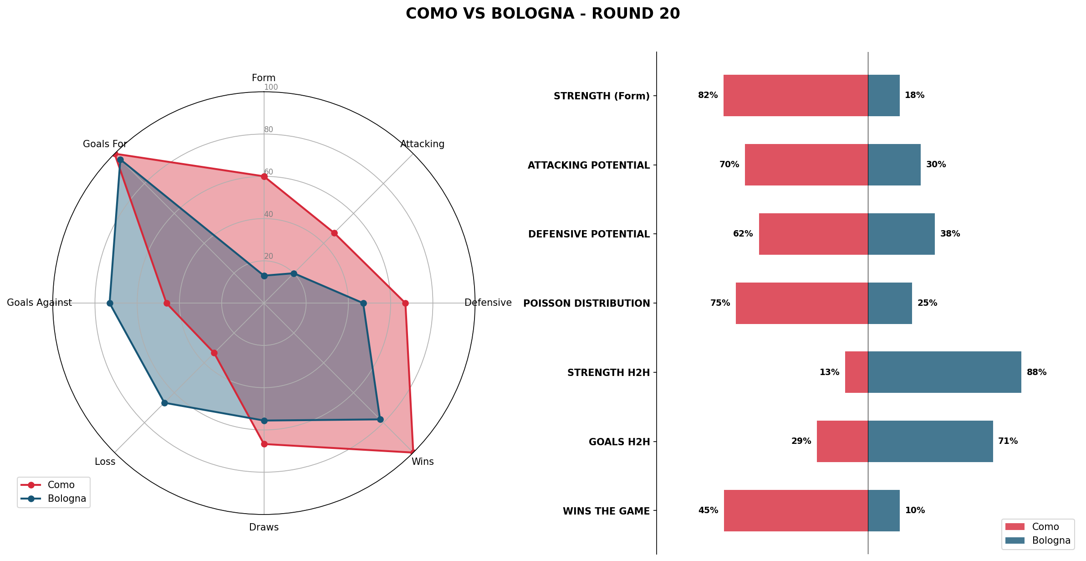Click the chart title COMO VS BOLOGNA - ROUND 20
coord(543,14)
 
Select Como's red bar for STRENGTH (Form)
coord(795,95)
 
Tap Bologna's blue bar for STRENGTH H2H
coord(944,372)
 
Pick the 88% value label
coord(1036,372)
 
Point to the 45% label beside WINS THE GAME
coord(708,510)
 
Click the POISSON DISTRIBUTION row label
coord(586,304)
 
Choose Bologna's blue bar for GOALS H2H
coord(930,441)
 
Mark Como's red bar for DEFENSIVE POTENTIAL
coord(813,234)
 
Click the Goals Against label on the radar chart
coord(39,303)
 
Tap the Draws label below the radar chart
coord(264,527)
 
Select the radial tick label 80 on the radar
coord(269,129)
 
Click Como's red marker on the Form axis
coord(264,176)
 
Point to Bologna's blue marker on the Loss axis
coord(165,403)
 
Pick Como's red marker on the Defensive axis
coord(405,303)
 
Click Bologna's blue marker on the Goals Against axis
coord(110,303)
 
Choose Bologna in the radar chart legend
coord(66,499)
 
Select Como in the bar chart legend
coord(1045,527)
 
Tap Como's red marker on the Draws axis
coord(264,444)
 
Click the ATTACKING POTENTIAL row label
coord(589,165)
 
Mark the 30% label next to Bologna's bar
coord(936,165)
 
